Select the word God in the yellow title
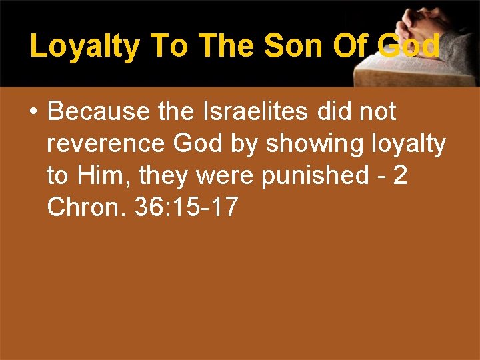408,46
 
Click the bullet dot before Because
33,112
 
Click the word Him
102,175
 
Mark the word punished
317,175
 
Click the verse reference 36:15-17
186,207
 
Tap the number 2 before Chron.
399,175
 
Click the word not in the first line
377,111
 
